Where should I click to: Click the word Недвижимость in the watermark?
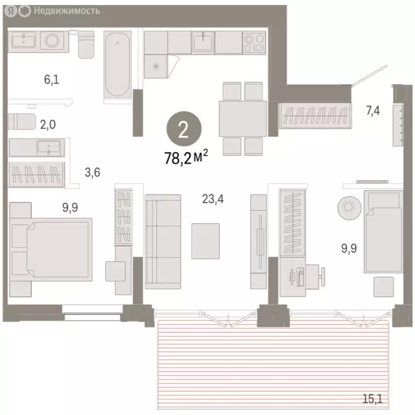point(66,10)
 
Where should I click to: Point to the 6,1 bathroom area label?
point(51,79)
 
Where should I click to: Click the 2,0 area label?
point(48,124)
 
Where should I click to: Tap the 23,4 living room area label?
point(213,199)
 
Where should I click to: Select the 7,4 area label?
point(373,111)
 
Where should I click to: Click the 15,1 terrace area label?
point(372,400)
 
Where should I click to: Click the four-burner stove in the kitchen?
point(254,42)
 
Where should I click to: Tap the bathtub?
point(117,66)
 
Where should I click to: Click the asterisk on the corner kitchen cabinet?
point(156,66)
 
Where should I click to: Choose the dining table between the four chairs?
point(242,118)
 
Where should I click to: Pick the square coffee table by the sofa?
point(206,240)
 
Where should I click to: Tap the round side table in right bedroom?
point(346,206)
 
